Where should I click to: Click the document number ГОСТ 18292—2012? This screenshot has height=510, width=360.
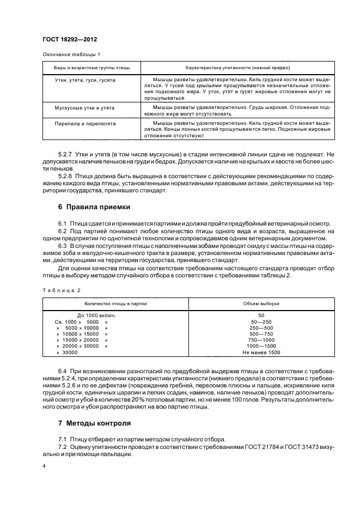point(66,40)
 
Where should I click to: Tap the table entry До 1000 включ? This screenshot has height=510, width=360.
point(97,315)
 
